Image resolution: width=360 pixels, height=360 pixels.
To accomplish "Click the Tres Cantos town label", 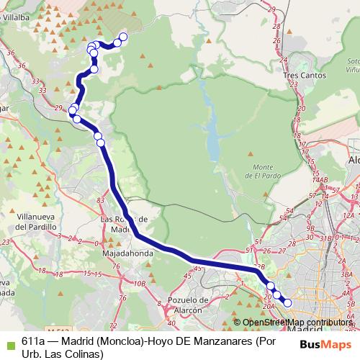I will coord(305,75).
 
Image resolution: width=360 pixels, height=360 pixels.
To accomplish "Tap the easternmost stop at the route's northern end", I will coord(123,37).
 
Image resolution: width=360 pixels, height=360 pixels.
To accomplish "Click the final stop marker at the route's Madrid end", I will coord(287,303).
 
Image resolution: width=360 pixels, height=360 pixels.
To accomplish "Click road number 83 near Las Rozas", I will coord(100,199).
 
